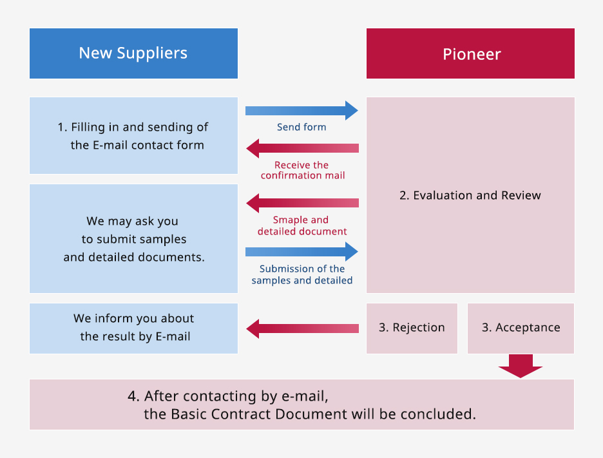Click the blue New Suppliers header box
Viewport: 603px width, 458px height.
(x=133, y=53)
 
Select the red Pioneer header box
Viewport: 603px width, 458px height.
(x=470, y=53)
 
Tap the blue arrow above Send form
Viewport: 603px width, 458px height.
(x=302, y=111)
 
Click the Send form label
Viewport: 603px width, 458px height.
(x=301, y=127)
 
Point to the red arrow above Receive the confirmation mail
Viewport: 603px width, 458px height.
(x=302, y=148)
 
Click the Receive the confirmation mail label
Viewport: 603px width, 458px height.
(x=303, y=170)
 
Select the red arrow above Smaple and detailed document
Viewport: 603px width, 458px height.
(x=302, y=203)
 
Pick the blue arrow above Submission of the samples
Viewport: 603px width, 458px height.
(x=302, y=252)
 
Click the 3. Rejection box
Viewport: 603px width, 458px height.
(x=412, y=328)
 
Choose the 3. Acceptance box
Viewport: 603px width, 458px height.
(x=521, y=328)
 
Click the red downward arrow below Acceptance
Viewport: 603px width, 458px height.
(x=521, y=366)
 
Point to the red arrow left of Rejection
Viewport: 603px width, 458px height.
(x=302, y=329)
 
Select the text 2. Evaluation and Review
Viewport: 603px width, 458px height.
(x=470, y=195)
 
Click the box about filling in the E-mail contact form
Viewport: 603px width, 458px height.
(x=133, y=135)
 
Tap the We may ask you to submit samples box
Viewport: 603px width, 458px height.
(x=133, y=238)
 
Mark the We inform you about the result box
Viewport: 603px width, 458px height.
(x=133, y=328)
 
